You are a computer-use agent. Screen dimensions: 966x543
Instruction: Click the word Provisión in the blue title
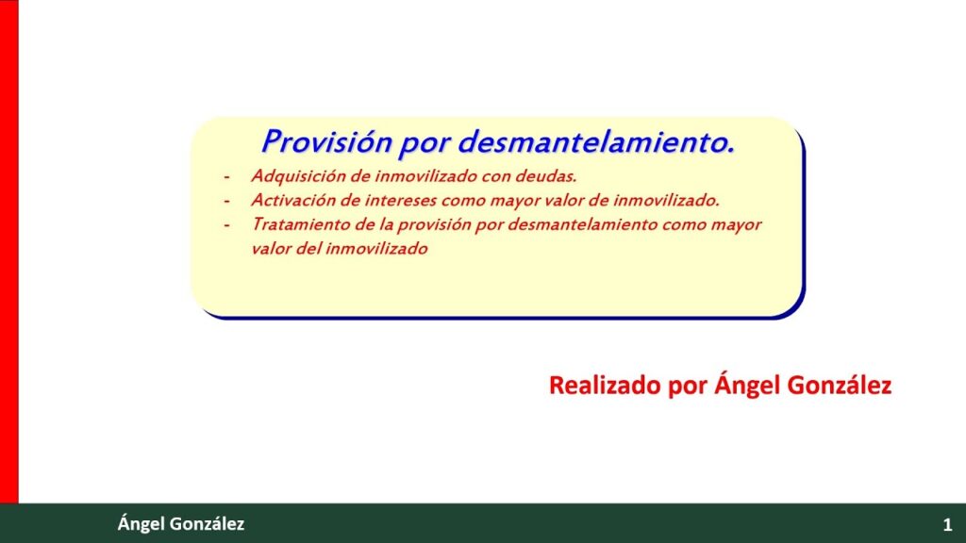point(326,141)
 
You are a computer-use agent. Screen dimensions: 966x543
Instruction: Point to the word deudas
point(546,176)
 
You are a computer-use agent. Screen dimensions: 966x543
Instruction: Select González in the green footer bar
point(207,524)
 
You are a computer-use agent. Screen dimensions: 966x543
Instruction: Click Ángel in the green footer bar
point(142,524)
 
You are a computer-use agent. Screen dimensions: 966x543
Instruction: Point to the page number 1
point(947,524)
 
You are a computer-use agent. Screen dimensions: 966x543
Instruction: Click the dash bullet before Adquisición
point(226,177)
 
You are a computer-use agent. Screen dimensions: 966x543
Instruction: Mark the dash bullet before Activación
point(226,202)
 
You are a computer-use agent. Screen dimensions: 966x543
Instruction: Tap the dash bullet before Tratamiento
point(226,225)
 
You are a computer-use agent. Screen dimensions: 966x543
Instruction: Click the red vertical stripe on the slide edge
point(9,251)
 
